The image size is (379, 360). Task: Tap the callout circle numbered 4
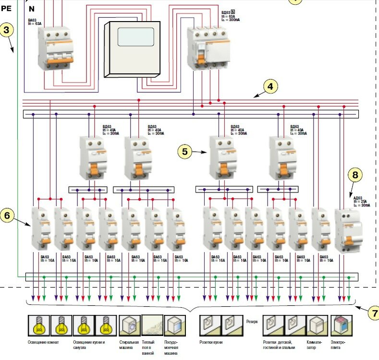pyautogui.click(x=270, y=86)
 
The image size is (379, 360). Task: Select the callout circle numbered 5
pyautogui.click(x=185, y=151)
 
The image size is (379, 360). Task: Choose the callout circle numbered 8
pyautogui.click(x=355, y=175)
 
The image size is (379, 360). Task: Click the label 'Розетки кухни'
pyautogui.click(x=211, y=342)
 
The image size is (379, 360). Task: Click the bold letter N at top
pyautogui.click(x=32, y=9)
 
